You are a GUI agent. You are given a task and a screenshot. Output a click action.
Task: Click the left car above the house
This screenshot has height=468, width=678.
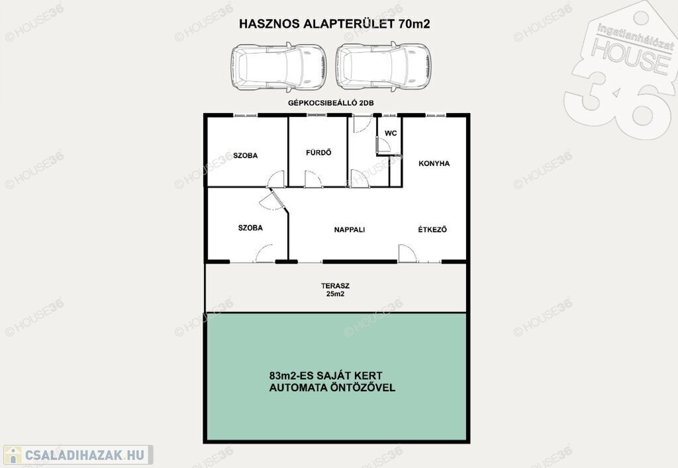coord(278,67)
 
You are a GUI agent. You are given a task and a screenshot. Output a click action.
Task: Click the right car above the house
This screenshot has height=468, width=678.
coord(383,67)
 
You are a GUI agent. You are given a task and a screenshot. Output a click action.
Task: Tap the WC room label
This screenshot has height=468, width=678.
coord(391,133)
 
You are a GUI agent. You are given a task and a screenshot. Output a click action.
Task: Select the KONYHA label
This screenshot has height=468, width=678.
coord(434,163)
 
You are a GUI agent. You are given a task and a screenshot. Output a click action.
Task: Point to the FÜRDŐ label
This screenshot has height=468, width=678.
coord(318,153)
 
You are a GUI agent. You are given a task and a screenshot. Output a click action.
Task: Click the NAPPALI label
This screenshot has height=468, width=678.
coord(350,229)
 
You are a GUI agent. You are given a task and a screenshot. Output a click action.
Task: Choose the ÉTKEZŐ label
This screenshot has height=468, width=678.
coord(432,229)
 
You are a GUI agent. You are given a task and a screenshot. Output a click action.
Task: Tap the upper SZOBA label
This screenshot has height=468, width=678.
coord(245,155)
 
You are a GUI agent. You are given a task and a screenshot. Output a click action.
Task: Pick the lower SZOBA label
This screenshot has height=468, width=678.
coord(250,227)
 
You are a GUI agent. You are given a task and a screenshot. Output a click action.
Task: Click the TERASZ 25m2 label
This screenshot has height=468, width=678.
coord(335,290)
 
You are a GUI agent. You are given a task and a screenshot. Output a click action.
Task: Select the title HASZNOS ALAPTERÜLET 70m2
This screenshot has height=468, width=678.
coord(334,24)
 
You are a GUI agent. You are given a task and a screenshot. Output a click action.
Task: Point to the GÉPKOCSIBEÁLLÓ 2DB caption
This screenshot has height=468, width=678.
coord(331,102)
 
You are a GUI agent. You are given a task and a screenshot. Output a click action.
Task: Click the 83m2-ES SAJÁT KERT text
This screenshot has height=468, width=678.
coord(326,375)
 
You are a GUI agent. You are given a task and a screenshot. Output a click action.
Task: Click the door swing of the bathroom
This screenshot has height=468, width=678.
coord(313,178)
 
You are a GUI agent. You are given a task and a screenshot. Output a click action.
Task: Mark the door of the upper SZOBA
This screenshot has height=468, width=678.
coord(276,178)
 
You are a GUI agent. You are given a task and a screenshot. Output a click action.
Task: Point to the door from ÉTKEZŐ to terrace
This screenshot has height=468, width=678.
coord(407,253)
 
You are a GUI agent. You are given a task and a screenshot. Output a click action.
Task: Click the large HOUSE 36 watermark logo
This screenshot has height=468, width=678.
coord(620,71)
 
